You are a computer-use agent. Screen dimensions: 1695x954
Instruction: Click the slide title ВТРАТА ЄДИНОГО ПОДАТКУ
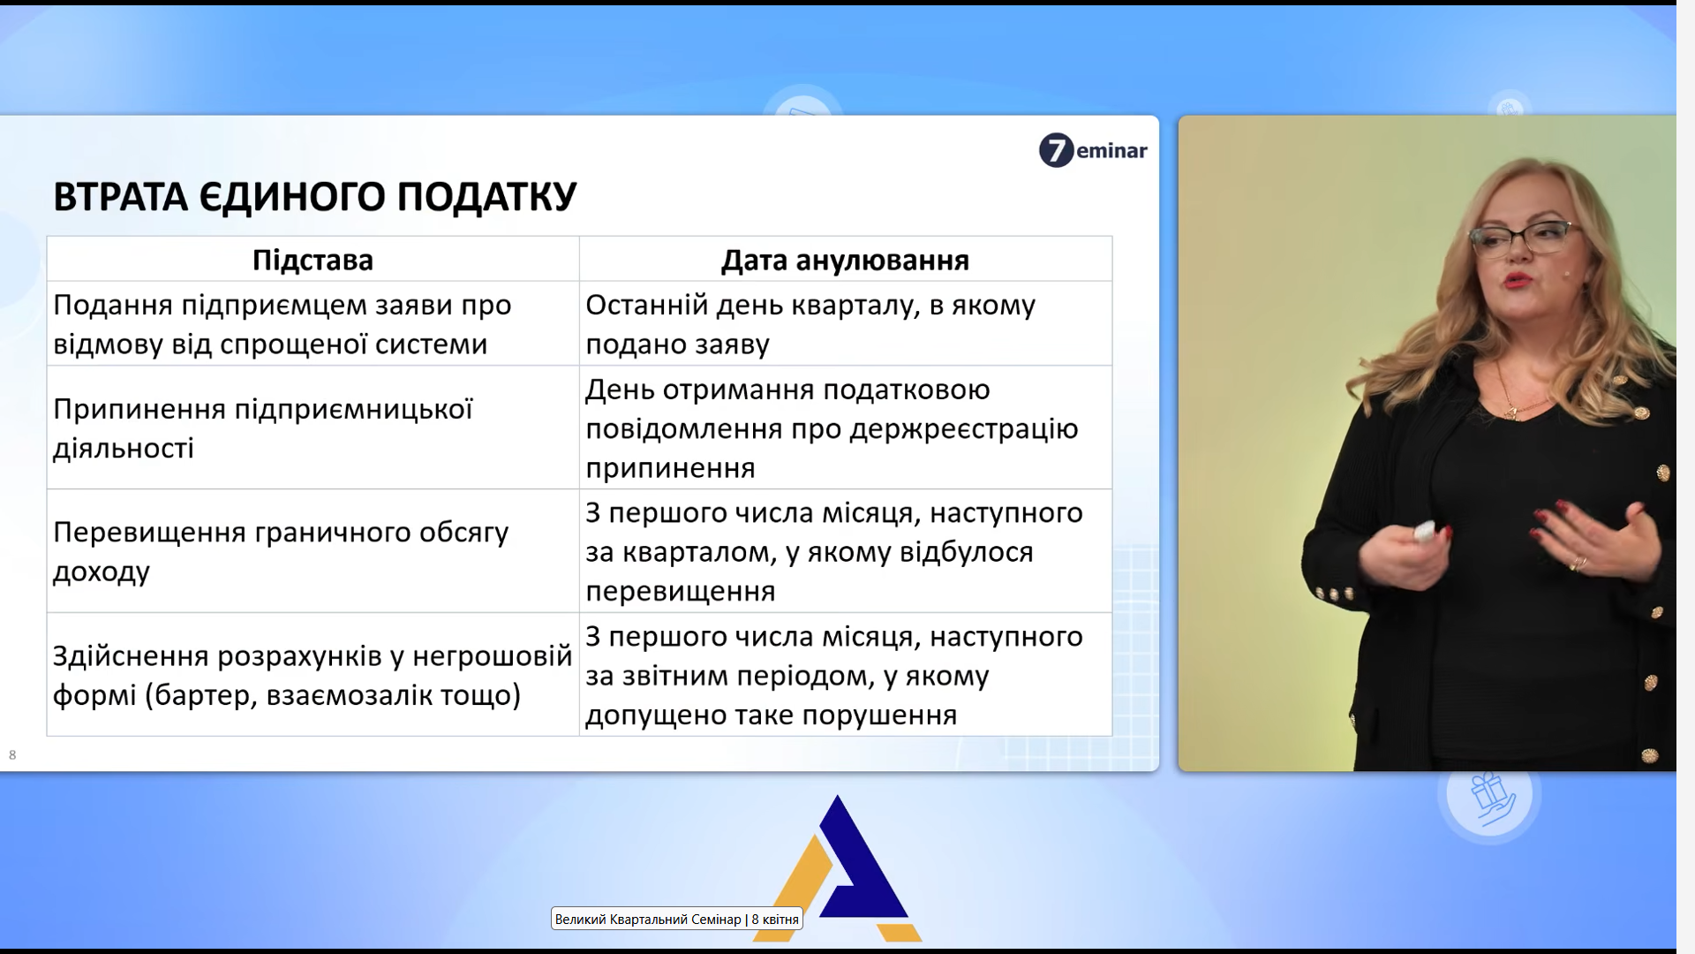click(x=314, y=196)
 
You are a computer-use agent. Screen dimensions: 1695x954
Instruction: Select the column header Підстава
click(x=313, y=260)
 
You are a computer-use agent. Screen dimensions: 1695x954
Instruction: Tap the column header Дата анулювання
click(x=845, y=260)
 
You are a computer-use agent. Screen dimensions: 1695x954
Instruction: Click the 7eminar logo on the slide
click(x=1093, y=150)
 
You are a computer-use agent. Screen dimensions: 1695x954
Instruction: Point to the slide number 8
click(x=12, y=754)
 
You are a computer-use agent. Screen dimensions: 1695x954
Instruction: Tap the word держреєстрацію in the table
click(x=964, y=429)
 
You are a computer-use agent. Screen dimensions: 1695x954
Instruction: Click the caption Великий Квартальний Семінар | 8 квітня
click(x=677, y=920)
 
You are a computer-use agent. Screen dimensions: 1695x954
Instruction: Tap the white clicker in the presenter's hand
click(x=1425, y=531)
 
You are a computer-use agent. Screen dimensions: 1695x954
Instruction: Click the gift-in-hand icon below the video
click(x=1491, y=797)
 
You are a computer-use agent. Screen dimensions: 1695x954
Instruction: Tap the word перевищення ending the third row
click(x=681, y=592)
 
